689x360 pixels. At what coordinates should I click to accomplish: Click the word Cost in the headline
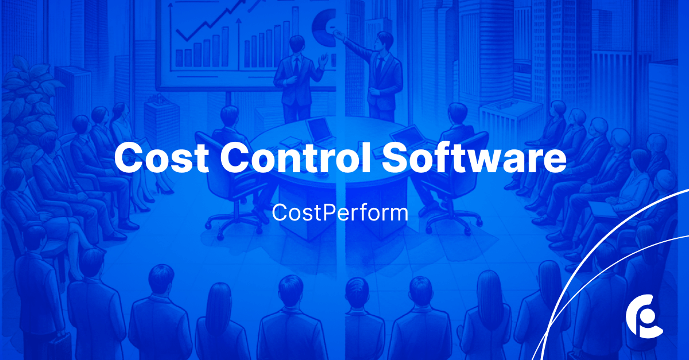pyautogui.click(x=161, y=157)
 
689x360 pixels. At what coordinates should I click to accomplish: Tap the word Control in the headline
pyautogui.click(x=295, y=157)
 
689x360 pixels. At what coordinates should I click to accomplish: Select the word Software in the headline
pyautogui.click(x=474, y=157)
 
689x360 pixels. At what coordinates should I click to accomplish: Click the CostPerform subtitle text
pyautogui.click(x=340, y=213)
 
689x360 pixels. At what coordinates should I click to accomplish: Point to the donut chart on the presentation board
pyautogui.click(x=324, y=27)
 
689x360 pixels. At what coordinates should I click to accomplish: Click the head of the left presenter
pyautogui.click(x=297, y=46)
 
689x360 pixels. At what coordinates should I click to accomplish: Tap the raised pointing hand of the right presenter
pyautogui.click(x=337, y=33)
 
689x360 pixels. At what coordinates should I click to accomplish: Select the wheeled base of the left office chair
pyautogui.click(x=234, y=223)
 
